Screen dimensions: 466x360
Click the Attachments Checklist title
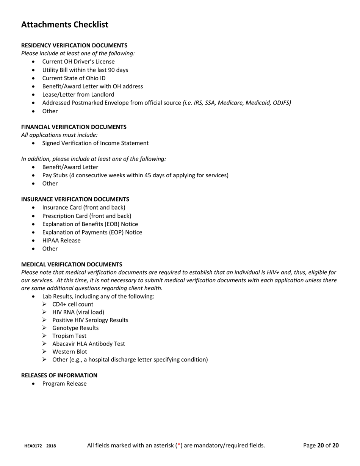click(64, 25)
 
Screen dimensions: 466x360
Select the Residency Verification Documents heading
click(74, 45)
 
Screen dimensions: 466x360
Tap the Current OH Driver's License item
click(78, 61)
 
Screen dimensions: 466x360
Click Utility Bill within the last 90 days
click(85, 70)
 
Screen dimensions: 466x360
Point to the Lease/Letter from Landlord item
click(78, 95)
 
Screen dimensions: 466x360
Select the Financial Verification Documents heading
click(74, 127)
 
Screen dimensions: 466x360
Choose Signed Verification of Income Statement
click(95, 143)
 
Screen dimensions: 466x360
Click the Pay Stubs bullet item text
click(135, 175)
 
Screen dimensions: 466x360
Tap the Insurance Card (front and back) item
click(83, 208)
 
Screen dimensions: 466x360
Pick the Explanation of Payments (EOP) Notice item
click(92, 232)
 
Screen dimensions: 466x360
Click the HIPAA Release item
click(61, 241)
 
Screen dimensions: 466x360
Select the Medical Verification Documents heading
click(71, 264)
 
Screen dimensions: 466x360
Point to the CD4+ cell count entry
click(72, 304)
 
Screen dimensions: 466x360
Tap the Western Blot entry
click(69, 352)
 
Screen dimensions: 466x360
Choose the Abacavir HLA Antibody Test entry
click(88, 344)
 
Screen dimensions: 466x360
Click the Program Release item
click(64, 384)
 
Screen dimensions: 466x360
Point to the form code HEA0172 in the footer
click(33, 446)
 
